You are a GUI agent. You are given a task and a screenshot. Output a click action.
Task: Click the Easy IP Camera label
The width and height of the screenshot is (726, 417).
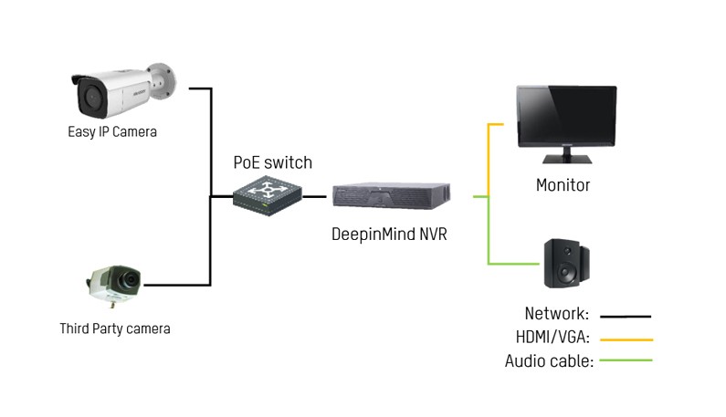[112, 132]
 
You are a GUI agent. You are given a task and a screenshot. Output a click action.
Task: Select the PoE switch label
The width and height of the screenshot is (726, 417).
[273, 162]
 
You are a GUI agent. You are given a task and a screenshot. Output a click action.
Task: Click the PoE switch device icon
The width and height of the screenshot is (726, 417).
[268, 196]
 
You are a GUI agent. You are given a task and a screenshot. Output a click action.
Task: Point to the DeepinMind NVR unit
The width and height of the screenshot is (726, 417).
[391, 196]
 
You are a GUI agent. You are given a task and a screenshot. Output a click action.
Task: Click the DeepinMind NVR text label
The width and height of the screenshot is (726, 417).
[389, 235]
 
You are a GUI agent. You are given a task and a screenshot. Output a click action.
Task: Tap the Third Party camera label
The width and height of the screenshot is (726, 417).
[115, 328]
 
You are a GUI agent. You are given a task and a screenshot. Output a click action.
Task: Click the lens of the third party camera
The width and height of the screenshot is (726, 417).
[129, 279]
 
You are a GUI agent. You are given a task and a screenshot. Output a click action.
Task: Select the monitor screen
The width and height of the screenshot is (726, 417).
[567, 115]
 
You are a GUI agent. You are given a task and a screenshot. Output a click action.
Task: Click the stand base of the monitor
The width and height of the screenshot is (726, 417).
[567, 159]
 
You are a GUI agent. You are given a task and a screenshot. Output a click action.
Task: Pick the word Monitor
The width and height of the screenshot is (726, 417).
[563, 185]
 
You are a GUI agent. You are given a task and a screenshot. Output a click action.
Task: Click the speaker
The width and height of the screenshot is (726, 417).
[566, 263]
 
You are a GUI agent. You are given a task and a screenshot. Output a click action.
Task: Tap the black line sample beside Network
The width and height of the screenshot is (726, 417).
[626, 317]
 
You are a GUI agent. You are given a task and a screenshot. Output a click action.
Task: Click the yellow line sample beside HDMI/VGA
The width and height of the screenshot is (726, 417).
[626, 339]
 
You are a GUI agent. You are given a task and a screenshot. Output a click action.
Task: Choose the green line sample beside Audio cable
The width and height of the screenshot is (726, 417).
[626, 360]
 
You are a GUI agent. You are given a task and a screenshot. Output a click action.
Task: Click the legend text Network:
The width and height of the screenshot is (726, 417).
[556, 314]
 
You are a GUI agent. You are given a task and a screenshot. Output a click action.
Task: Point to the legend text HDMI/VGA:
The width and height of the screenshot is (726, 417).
[552, 337]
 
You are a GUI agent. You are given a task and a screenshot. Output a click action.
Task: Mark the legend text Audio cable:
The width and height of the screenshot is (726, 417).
[549, 361]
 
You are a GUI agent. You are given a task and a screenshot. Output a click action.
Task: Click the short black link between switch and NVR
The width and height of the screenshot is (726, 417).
[314, 196]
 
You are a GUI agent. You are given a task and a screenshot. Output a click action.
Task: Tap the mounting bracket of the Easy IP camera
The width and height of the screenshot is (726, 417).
[163, 80]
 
